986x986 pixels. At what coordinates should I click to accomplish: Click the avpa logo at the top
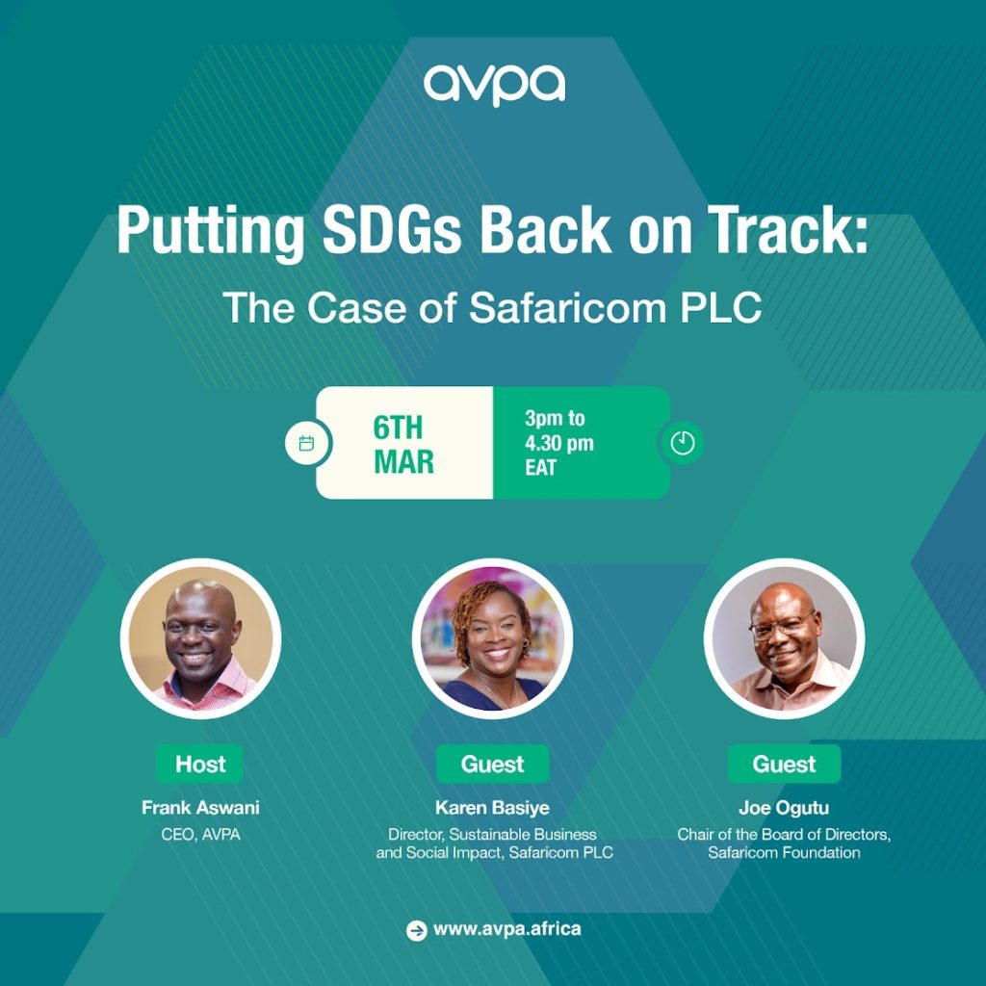(x=494, y=85)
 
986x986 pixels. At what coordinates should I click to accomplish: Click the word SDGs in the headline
(x=392, y=230)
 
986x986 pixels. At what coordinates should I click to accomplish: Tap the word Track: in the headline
(x=788, y=230)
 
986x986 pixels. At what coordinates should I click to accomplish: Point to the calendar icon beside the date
(x=306, y=443)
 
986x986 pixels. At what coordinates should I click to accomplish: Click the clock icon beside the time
(x=683, y=443)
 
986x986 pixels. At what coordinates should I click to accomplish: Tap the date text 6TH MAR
(x=403, y=444)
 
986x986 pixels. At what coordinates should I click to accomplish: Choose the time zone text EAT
(x=541, y=468)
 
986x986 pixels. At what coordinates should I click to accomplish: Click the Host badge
(x=200, y=764)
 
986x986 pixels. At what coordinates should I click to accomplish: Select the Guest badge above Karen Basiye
(x=492, y=764)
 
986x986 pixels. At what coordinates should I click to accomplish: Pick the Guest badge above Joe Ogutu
(x=784, y=764)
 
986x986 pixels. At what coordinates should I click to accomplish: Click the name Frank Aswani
(x=200, y=808)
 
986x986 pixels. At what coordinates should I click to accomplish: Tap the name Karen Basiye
(x=492, y=808)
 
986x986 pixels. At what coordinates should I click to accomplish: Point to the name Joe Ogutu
(x=784, y=808)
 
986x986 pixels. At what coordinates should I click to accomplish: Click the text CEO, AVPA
(x=200, y=835)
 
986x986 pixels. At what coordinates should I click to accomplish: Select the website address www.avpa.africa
(x=506, y=929)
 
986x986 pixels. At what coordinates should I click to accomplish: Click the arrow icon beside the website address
(x=416, y=930)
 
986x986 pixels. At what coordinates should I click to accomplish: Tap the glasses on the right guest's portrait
(x=782, y=626)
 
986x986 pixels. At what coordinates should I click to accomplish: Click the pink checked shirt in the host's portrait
(x=208, y=688)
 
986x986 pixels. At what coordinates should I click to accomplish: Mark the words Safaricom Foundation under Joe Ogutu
(x=784, y=853)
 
